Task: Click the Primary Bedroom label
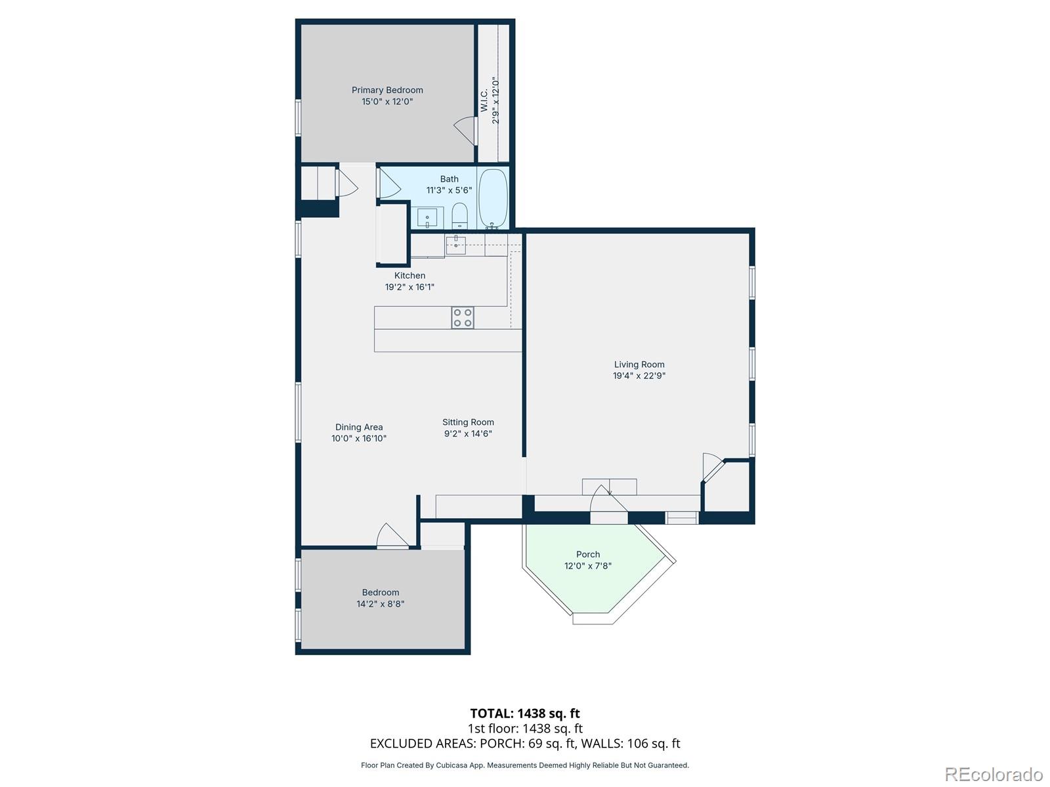tap(387, 91)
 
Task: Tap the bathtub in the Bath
tap(492, 197)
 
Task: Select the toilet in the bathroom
tap(459, 215)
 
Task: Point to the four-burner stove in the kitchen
tap(462, 318)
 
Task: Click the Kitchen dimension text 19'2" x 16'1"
tap(409, 287)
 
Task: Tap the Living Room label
tap(639, 365)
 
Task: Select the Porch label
tap(588, 554)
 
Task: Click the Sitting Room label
tap(468, 422)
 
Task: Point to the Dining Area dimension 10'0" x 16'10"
tap(359, 438)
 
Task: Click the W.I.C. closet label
tap(484, 101)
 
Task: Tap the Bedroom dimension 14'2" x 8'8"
tap(381, 604)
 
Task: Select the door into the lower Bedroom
tap(392, 536)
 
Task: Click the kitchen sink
tap(455, 245)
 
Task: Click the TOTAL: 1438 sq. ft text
tap(525, 714)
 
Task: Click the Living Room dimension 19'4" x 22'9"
tap(639, 376)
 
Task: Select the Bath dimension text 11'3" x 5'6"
tap(449, 190)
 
